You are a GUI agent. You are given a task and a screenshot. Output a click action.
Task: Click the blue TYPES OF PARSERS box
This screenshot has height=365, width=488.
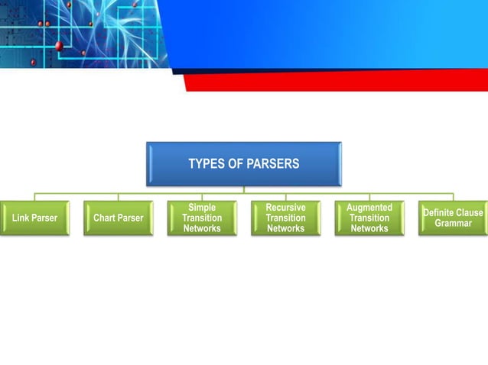point(244,163)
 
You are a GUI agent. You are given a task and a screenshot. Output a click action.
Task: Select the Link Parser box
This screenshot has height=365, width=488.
point(34,218)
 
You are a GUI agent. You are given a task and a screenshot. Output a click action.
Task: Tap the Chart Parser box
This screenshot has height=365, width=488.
point(118,218)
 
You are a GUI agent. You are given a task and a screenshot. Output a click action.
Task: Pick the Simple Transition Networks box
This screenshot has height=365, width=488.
point(202,218)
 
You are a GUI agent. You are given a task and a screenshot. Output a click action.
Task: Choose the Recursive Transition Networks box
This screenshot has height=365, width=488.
point(285,218)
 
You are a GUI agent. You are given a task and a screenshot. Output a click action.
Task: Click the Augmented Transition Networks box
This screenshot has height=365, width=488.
point(369,218)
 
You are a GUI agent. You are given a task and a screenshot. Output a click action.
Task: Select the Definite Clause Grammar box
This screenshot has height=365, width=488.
point(453,218)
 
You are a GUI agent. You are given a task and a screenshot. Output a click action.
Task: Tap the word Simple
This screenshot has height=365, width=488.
point(202,208)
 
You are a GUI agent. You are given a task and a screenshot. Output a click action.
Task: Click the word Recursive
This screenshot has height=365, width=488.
point(285,208)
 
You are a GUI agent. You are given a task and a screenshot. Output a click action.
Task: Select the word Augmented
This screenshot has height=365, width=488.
point(369,208)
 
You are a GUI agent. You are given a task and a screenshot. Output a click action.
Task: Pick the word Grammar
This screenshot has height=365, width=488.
point(454,224)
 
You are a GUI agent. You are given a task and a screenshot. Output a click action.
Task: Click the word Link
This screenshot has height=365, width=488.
point(21,218)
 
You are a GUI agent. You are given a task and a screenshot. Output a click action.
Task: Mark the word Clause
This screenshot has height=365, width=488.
point(470,213)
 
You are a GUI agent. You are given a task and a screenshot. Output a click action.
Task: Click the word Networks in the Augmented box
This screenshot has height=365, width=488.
point(369,229)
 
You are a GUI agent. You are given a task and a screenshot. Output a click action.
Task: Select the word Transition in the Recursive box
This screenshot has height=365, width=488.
point(285,218)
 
